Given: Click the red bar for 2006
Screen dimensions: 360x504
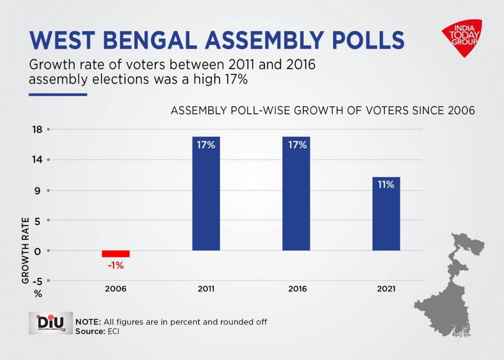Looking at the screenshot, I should tap(115, 254).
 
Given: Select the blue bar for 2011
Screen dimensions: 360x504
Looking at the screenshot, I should tap(206, 197).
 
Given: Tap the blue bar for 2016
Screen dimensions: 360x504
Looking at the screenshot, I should tap(296, 197).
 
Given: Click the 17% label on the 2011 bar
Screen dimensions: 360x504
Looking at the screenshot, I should tap(206, 145).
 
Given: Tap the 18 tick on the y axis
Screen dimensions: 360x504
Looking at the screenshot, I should tap(38, 129).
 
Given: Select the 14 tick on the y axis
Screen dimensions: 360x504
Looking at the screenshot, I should tap(38, 160).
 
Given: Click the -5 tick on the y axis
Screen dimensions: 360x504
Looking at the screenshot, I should tap(37, 281).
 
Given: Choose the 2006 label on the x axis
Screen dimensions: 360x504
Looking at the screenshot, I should tap(115, 289).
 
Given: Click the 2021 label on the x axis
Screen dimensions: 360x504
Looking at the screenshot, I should tap(386, 289).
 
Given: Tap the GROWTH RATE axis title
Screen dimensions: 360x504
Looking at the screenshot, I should tap(26, 250).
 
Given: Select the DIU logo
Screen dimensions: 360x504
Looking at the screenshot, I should tap(50, 323).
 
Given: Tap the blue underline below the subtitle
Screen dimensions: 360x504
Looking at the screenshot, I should tap(58, 95).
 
